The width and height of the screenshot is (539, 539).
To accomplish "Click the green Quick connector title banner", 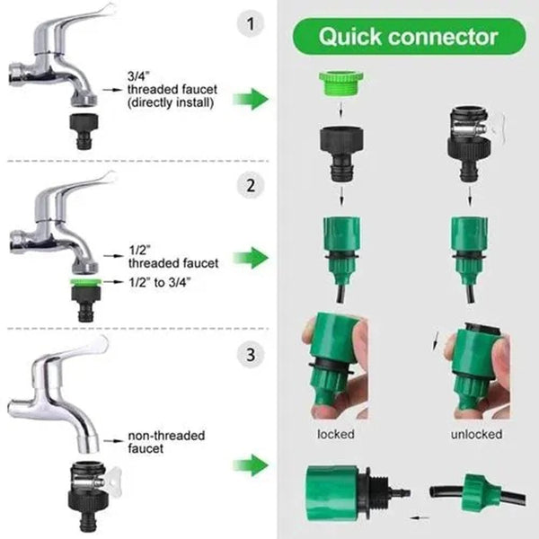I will click(408, 37).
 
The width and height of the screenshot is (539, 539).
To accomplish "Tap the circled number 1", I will click(252, 24).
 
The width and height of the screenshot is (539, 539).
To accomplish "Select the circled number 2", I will click(252, 185).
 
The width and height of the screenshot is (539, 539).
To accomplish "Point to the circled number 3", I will click(252, 354).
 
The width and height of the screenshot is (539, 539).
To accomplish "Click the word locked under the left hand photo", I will click(336, 434).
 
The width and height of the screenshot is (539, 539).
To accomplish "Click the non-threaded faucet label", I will click(166, 440).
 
